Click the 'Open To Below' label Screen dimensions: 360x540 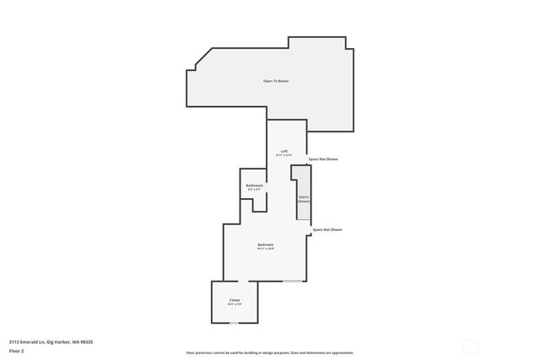[276, 81]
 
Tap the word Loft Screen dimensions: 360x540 [284, 151]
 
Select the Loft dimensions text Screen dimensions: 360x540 [284, 156]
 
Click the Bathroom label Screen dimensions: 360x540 [254, 185]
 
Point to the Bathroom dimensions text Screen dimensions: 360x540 [254, 190]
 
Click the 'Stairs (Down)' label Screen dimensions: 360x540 [304, 199]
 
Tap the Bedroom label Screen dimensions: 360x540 [266, 244]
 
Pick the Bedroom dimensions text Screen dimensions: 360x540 [266, 249]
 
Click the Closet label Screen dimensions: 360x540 [235, 300]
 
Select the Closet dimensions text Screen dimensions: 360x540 [235, 304]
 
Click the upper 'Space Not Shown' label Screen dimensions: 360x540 [323, 159]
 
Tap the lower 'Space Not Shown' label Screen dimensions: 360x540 [327, 229]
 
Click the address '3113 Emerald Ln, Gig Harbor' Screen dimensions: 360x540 [51, 341]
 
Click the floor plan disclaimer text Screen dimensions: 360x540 [270, 352]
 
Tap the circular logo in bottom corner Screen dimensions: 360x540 [470, 346]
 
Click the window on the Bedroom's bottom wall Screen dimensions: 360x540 [293, 281]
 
